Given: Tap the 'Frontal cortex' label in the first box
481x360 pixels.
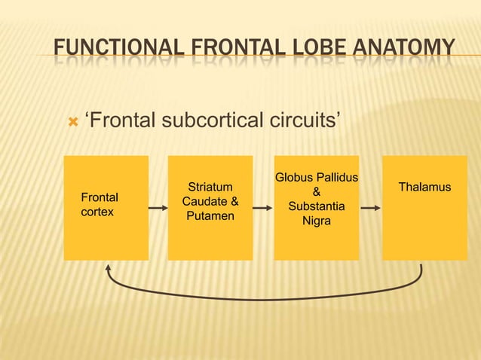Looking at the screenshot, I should coord(99,205).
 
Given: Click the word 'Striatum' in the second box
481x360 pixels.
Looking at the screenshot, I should coord(210,187).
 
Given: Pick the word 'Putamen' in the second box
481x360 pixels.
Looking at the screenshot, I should coord(210,216).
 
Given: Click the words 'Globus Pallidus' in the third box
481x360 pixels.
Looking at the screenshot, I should coord(316,178).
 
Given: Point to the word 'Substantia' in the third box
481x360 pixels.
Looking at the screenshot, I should coord(317,206).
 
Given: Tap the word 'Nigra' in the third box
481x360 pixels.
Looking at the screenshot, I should coord(317,221).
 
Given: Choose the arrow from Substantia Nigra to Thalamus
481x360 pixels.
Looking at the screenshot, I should coord(370,206).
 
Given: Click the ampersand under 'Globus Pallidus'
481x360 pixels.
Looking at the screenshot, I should coord(317,192).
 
